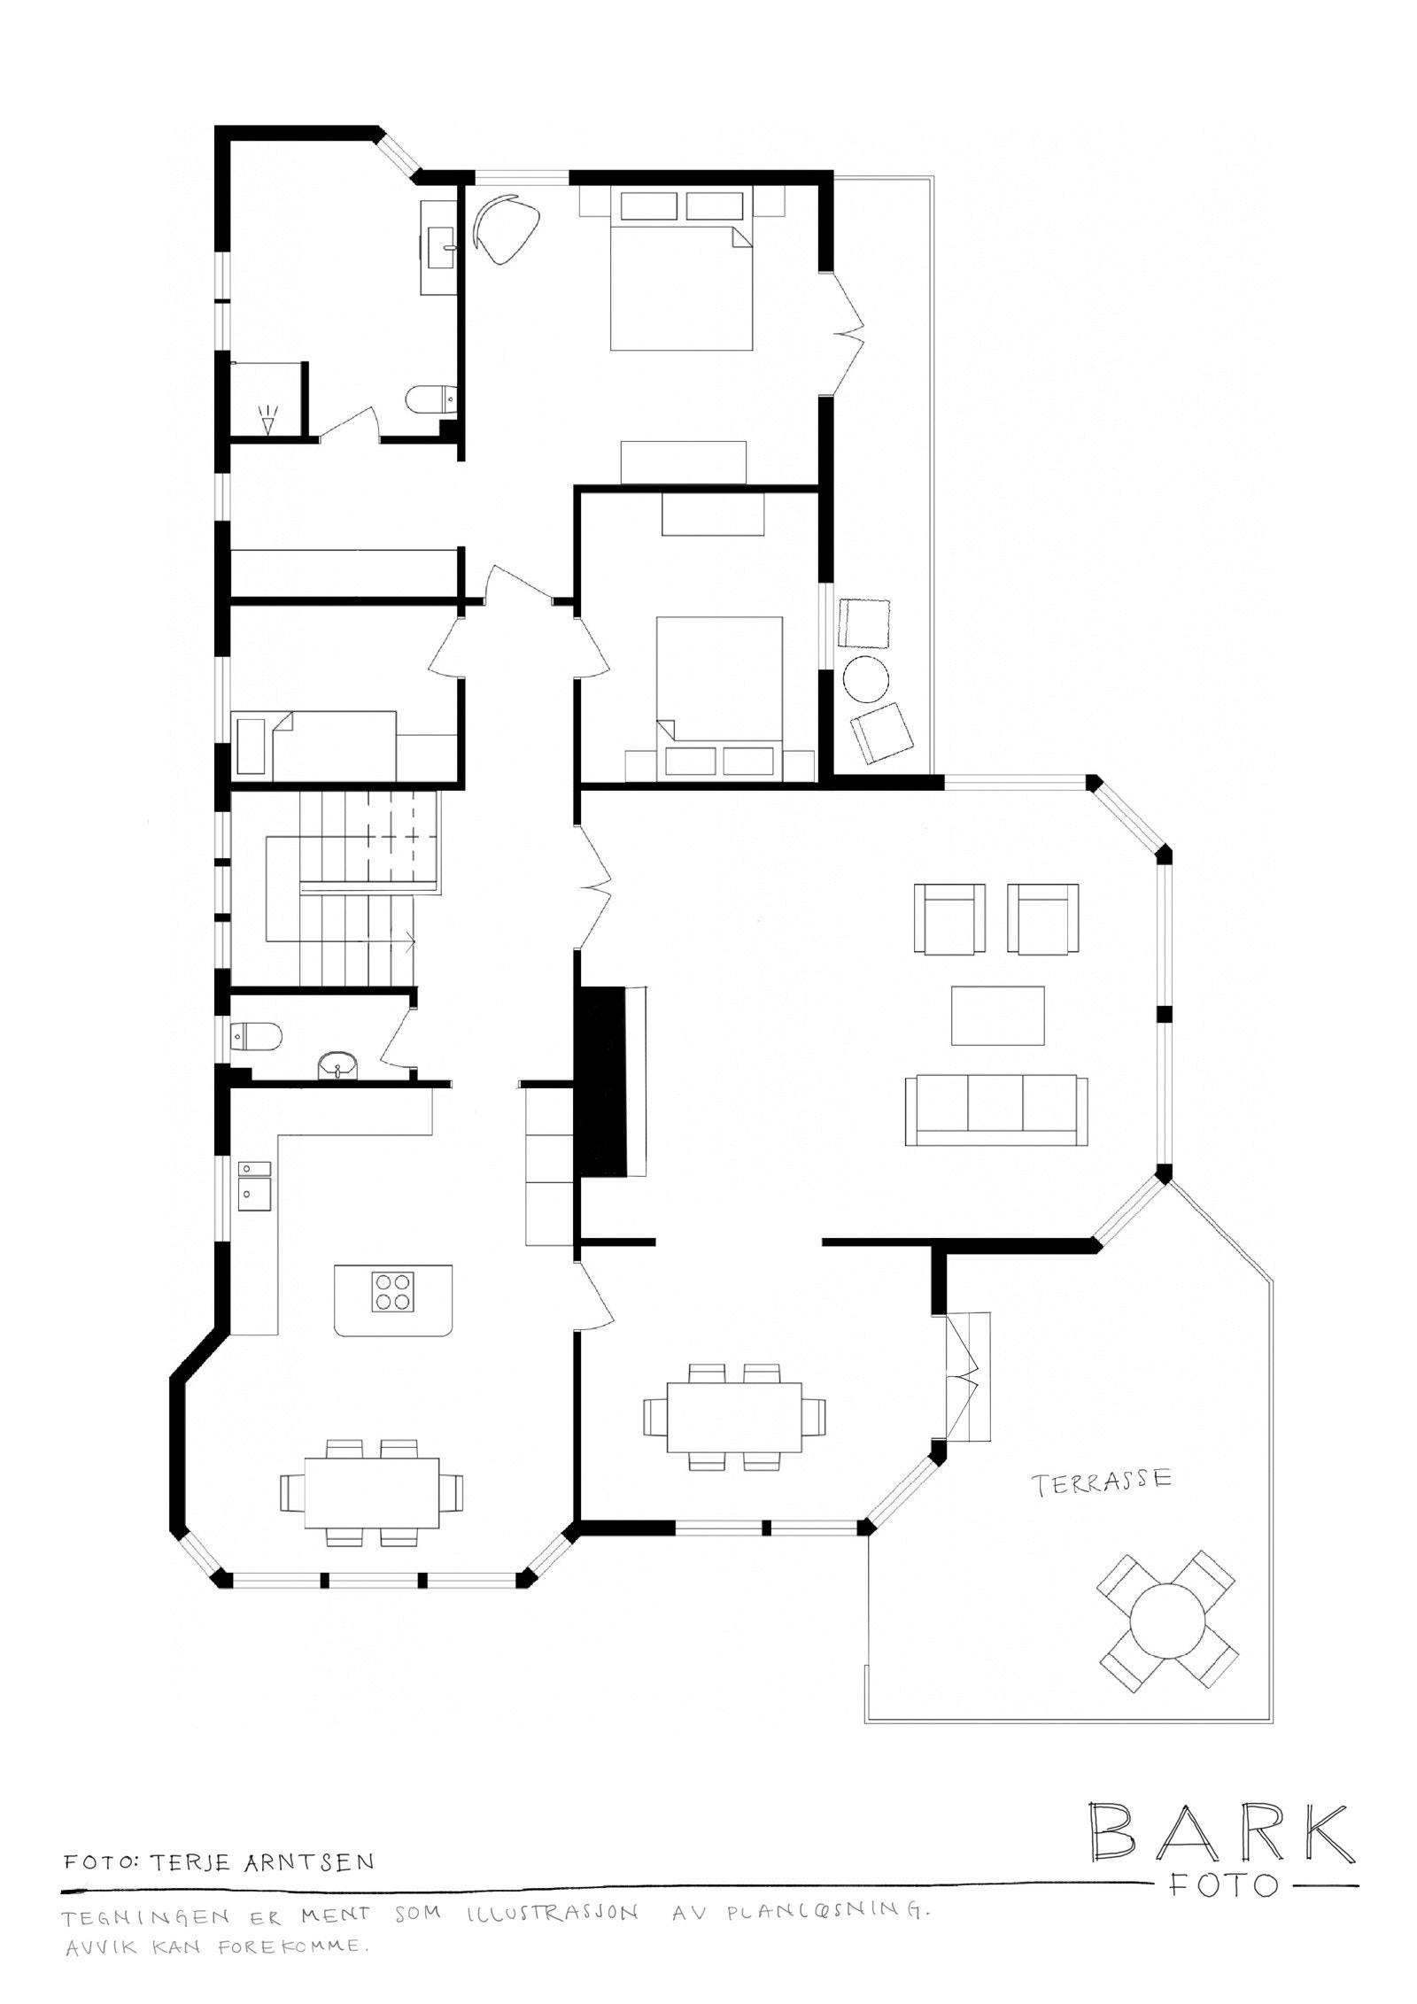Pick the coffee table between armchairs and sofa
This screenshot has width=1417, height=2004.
pyautogui.click(x=997, y=1016)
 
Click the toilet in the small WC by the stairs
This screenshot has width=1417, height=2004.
pyautogui.click(x=256, y=1034)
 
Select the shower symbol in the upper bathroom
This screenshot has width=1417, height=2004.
pyautogui.click(x=267, y=417)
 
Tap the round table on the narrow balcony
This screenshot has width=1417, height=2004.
pyautogui.click(x=865, y=679)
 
